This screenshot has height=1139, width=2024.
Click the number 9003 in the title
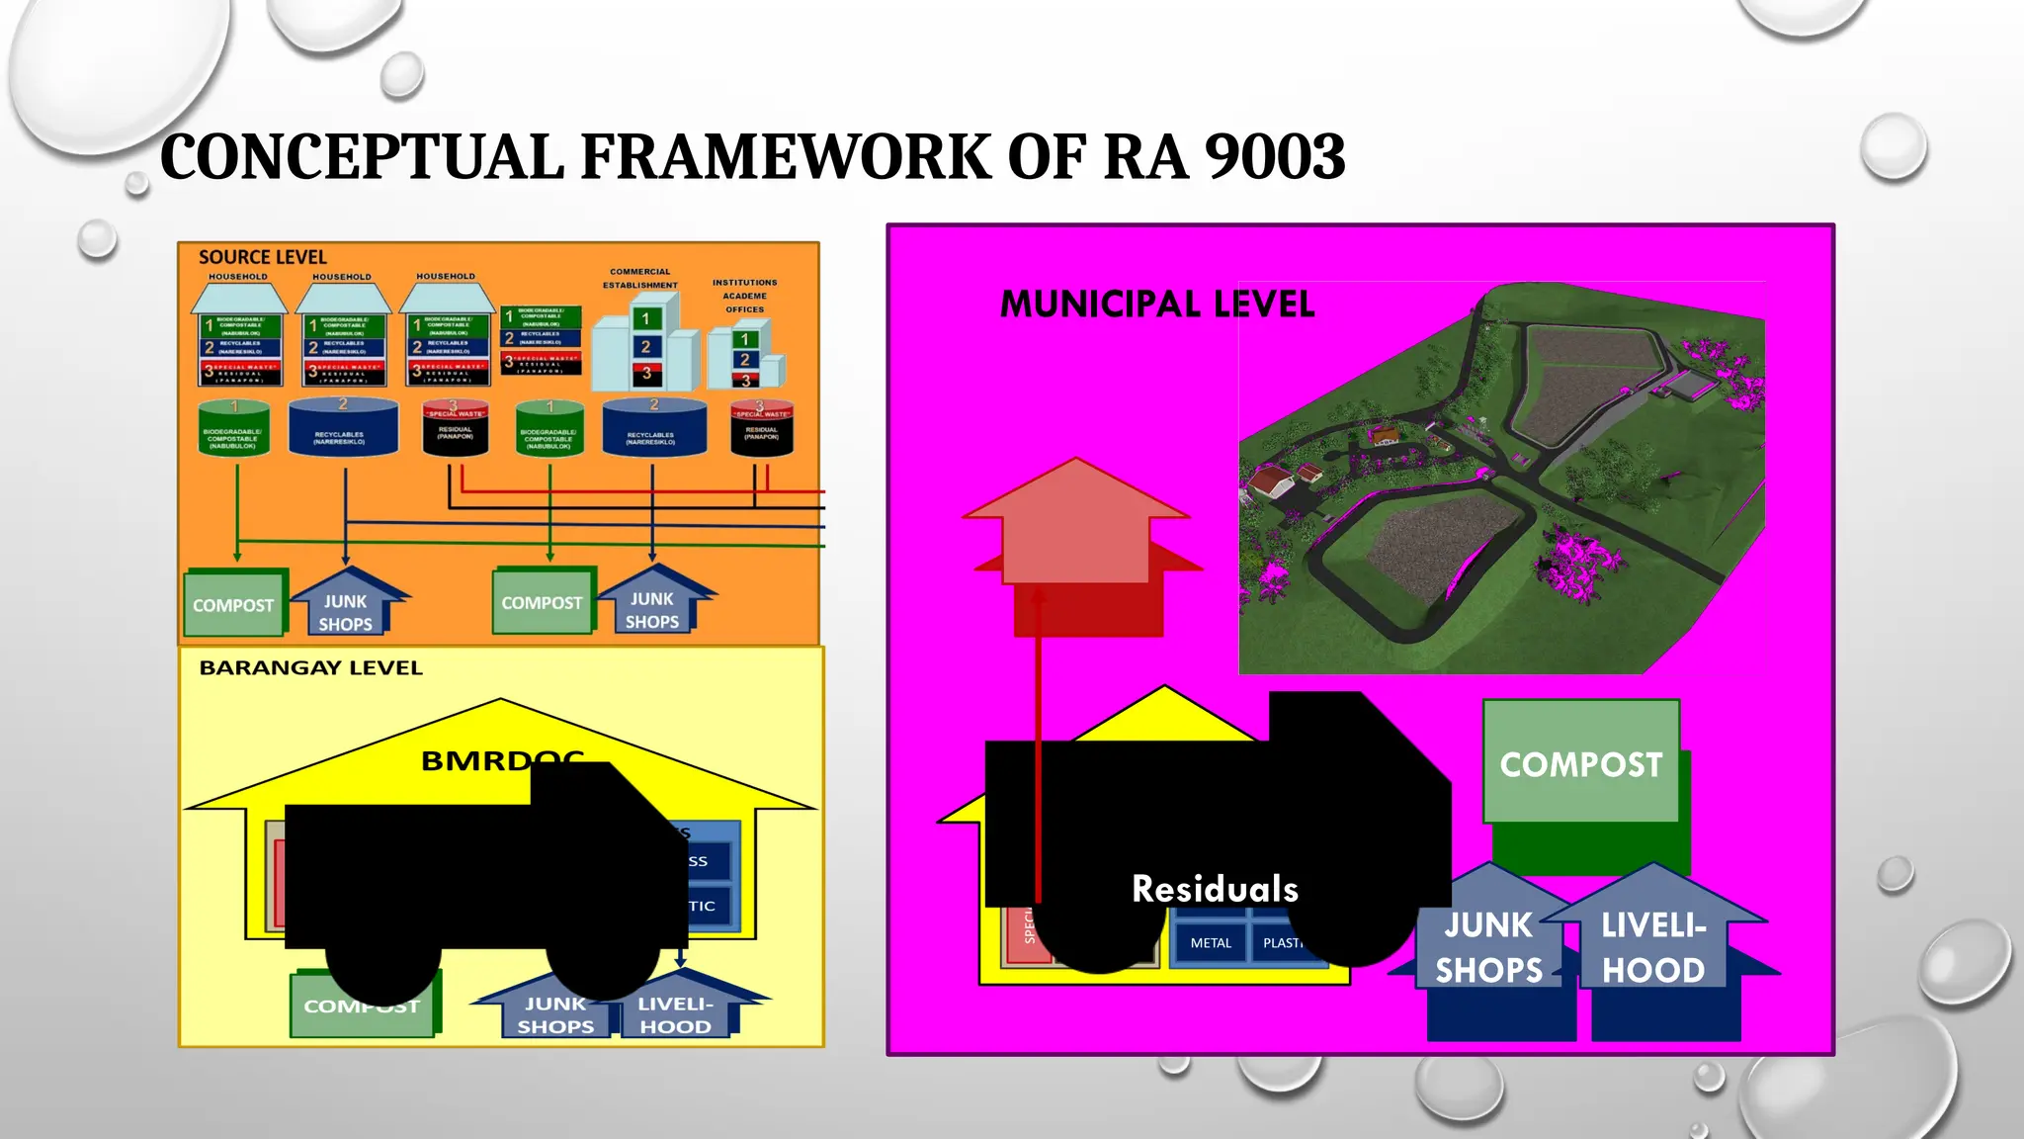pos(1275,158)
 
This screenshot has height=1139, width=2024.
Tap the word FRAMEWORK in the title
pos(786,158)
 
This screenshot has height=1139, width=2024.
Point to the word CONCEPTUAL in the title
pos(362,158)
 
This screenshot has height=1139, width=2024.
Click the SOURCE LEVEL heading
pos(262,257)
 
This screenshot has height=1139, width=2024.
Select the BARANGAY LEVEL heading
pos(310,668)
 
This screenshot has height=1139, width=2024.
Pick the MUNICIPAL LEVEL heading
pos(1157,304)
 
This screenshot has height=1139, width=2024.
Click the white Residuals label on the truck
pos(1215,889)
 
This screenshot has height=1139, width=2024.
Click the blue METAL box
pos(1211,943)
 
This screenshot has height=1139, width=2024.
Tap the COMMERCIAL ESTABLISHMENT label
pos(640,278)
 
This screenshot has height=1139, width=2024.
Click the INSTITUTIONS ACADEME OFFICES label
pos(744,296)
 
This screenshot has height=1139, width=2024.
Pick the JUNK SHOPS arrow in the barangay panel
pos(555,1015)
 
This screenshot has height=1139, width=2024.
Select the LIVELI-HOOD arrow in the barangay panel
pos(675,1015)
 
